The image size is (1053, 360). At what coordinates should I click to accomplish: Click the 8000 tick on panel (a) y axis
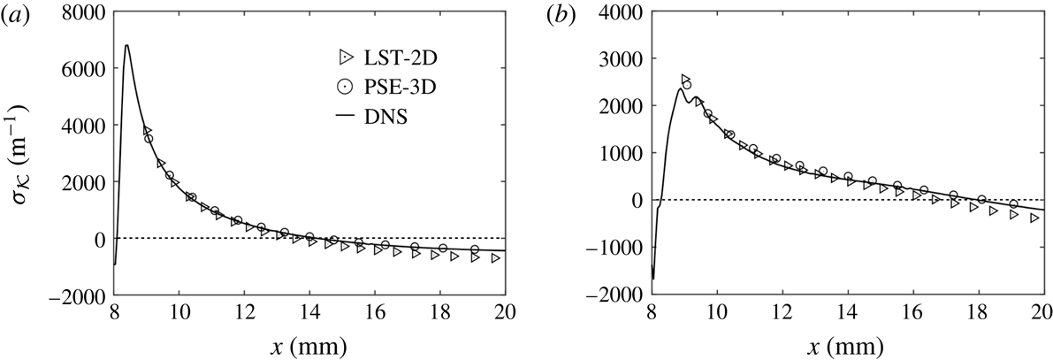pos(86,11)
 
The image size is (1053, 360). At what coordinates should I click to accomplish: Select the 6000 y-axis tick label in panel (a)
pos(86,67)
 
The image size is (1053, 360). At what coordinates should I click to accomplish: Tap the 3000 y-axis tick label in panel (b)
pos(629,58)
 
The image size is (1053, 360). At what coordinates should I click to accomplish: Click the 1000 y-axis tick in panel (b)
pos(629,153)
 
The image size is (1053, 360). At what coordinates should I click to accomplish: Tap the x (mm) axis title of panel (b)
pos(847,345)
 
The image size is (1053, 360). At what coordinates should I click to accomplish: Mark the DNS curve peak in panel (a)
pos(127,45)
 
